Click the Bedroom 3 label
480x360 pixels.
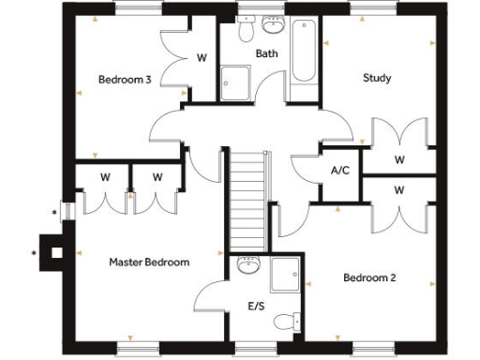click(x=125, y=80)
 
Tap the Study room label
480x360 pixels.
click(x=377, y=78)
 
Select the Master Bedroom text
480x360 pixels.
click(x=149, y=262)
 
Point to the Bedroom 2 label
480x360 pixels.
click(x=368, y=277)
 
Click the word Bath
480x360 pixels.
click(x=267, y=54)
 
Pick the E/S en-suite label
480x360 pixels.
click(x=256, y=306)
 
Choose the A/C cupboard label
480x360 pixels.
click(x=340, y=172)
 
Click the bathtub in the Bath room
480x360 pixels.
click(x=303, y=53)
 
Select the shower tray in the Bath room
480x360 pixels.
click(x=235, y=82)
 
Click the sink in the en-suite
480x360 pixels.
click(x=249, y=265)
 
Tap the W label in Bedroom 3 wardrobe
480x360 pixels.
click(x=201, y=58)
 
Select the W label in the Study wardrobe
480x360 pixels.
click(x=399, y=159)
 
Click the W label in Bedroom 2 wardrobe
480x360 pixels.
click(x=399, y=190)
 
